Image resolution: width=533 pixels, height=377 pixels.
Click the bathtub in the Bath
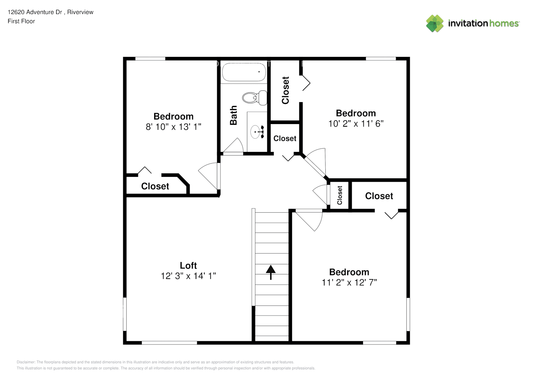pyautogui.click(x=244, y=72)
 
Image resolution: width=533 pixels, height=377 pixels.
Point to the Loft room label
pyautogui.click(x=188, y=265)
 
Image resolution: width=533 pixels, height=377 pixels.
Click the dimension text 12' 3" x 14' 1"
pyautogui.click(x=188, y=276)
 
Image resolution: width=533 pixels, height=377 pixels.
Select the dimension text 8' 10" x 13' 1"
pyautogui.click(x=173, y=127)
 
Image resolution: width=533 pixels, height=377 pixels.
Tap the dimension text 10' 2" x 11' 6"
pyautogui.click(x=355, y=124)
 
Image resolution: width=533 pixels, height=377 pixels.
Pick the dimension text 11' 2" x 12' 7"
pyautogui.click(x=349, y=282)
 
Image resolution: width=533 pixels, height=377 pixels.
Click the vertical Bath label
pyautogui.click(x=234, y=115)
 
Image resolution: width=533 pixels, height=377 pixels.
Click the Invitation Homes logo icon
pyautogui.click(x=435, y=23)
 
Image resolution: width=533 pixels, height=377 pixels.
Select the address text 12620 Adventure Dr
pyautogui.click(x=35, y=12)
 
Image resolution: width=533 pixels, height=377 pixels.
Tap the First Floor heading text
pyautogui.click(x=21, y=21)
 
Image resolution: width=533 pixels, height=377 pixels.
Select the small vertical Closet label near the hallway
pyautogui.click(x=340, y=195)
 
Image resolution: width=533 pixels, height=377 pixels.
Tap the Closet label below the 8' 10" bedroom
pyautogui.click(x=155, y=186)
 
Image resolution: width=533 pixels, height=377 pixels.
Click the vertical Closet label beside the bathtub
pyautogui.click(x=285, y=90)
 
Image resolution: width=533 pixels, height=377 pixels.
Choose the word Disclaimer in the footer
pyautogui.click(x=26, y=362)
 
